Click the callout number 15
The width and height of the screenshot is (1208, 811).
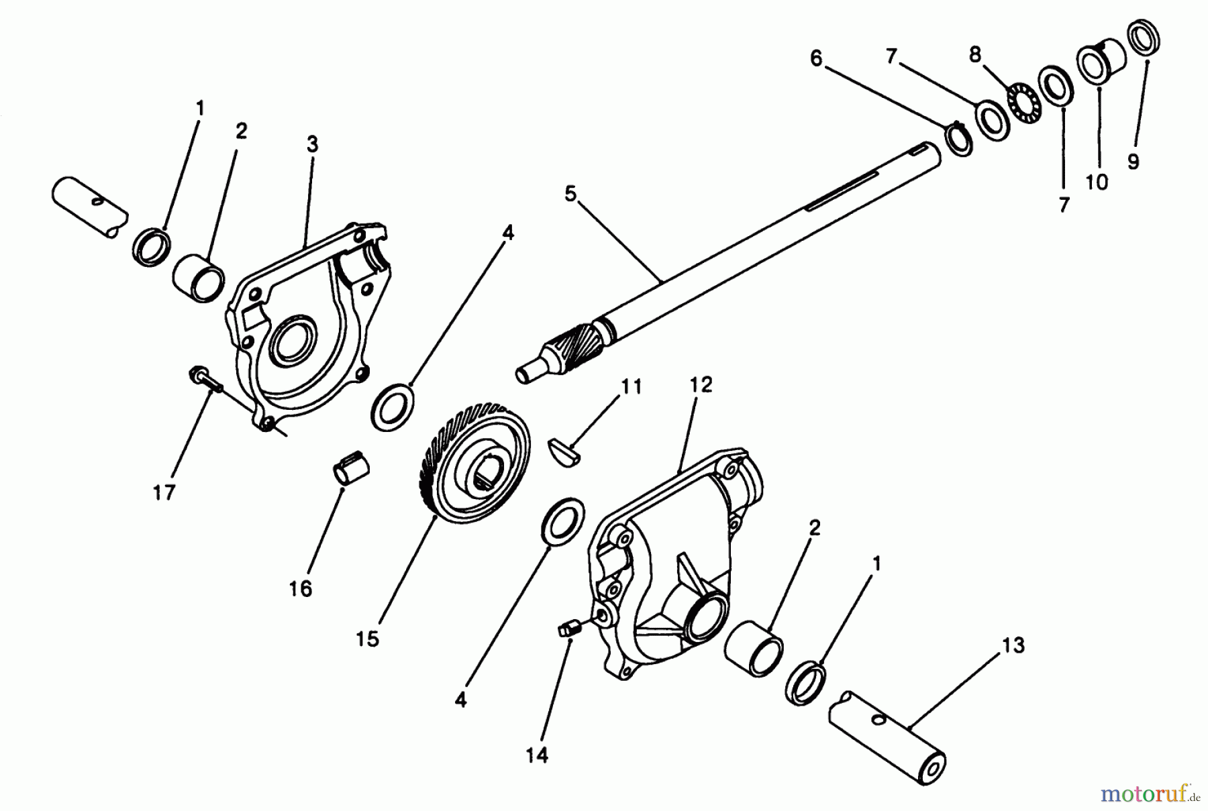click(x=367, y=639)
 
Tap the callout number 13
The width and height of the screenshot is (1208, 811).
click(x=1013, y=646)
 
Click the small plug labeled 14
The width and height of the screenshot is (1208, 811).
click(x=568, y=629)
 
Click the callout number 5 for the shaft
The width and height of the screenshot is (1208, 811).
click(x=570, y=195)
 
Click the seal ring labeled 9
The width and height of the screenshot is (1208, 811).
click(x=1146, y=38)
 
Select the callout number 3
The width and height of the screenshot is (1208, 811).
click(x=312, y=144)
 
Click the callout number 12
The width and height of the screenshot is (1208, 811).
click(x=700, y=385)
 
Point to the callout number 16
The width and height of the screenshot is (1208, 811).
click(x=301, y=589)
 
